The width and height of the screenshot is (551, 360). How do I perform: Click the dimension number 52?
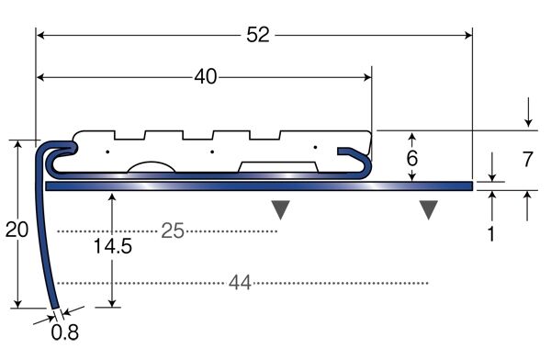point(258,35)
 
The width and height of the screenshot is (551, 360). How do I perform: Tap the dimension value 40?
point(206,76)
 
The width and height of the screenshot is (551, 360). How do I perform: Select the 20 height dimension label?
point(17,230)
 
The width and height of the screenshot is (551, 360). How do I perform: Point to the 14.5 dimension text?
point(112,246)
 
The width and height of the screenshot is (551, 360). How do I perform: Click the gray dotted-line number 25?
point(173,231)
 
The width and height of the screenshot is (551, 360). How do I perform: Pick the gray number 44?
point(240,283)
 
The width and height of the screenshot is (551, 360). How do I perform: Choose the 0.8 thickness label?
point(64,332)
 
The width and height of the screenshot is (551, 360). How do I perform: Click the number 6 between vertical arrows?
point(412,158)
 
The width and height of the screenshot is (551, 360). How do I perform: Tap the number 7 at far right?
point(527,159)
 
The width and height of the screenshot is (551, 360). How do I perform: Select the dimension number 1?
point(491,234)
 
